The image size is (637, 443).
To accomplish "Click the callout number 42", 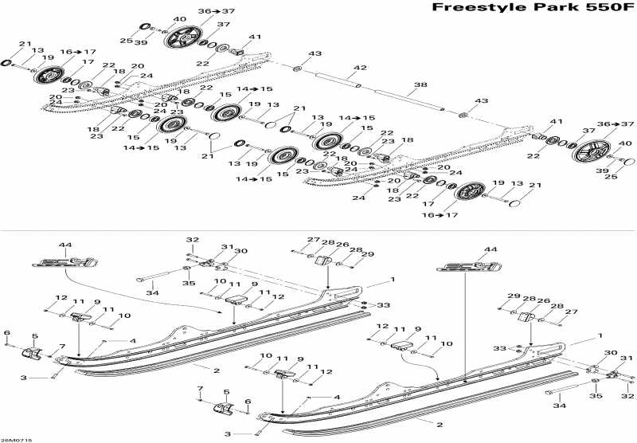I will click(361, 68).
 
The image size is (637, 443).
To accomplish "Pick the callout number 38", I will click(420, 84).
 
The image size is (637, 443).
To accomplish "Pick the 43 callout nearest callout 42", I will click(316, 53).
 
